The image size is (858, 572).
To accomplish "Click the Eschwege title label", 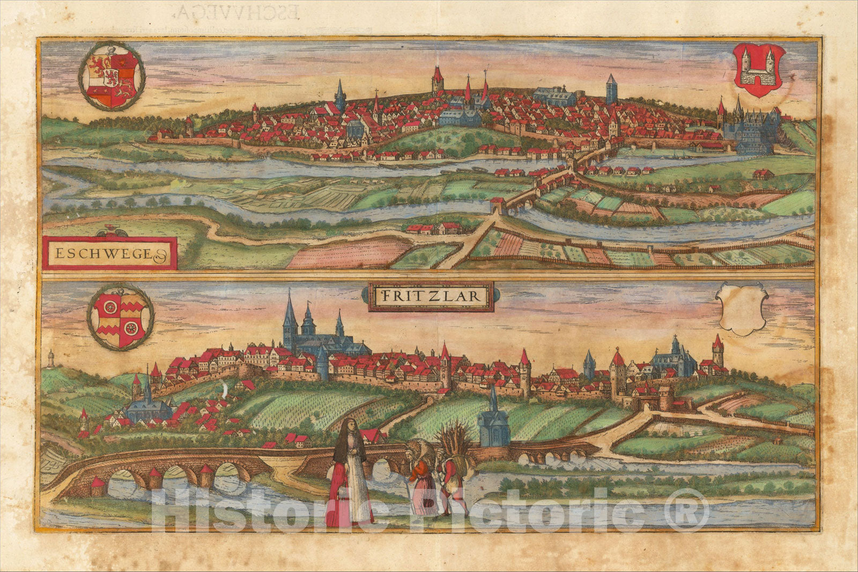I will (x=109, y=252).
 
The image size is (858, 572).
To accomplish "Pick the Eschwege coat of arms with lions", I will (x=112, y=76).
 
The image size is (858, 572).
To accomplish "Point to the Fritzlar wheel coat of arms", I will (x=120, y=317).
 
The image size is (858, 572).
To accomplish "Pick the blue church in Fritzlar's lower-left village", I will (x=147, y=405).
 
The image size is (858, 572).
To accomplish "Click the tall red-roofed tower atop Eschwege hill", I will (x=438, y=80).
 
